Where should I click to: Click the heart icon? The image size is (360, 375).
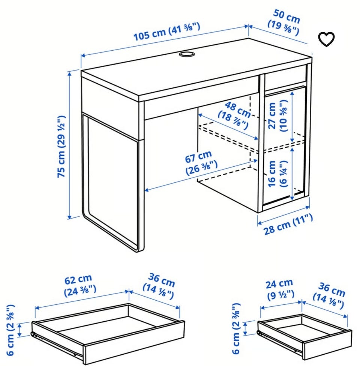click(x=326, y=39)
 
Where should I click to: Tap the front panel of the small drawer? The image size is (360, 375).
click(x=328, y=344)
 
